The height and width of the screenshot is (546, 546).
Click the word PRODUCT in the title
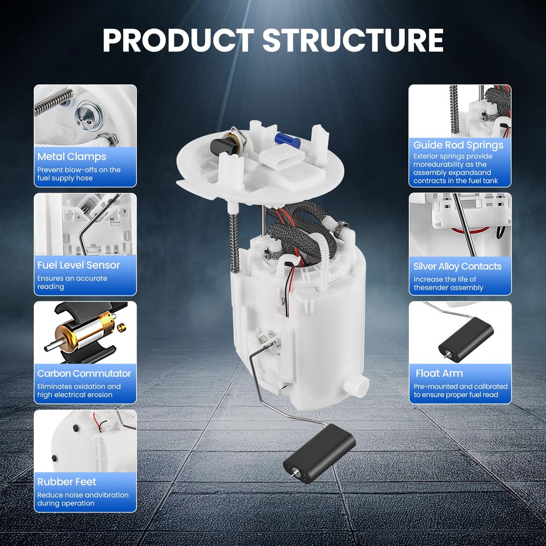tap(179, 40)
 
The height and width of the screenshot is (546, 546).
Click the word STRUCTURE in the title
tap(353, 40)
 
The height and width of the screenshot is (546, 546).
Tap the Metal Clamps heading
tap(72, 157)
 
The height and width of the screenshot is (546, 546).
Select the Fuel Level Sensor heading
tap(78, 265)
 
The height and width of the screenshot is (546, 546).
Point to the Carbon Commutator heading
tap(84, 373)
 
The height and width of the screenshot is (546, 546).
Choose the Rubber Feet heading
tap(67, 482)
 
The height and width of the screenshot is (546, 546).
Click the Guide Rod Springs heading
tap(458, 145)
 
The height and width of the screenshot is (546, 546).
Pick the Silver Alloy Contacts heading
tap(457, 266)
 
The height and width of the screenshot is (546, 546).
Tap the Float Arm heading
tap(439, 373)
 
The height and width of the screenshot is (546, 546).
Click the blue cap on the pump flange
tap(287, 140)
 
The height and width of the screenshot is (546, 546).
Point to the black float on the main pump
tap(319, 454)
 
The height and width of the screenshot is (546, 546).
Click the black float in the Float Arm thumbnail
tap(466, 340)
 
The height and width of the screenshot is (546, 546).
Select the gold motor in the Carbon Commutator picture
tap(84, 334)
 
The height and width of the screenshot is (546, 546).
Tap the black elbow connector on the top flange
tap(223, 146)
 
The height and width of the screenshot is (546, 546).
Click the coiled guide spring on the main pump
tap(235, 242)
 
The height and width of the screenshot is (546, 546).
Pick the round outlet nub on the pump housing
tap(356, 384)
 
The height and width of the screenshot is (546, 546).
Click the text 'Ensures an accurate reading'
tap(72, 282)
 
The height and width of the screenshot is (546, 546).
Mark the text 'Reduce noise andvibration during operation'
tap(83, 499)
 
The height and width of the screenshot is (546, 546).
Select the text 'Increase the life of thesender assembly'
tap(448, 283)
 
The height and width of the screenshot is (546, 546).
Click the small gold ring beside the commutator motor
tap(121, 327)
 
